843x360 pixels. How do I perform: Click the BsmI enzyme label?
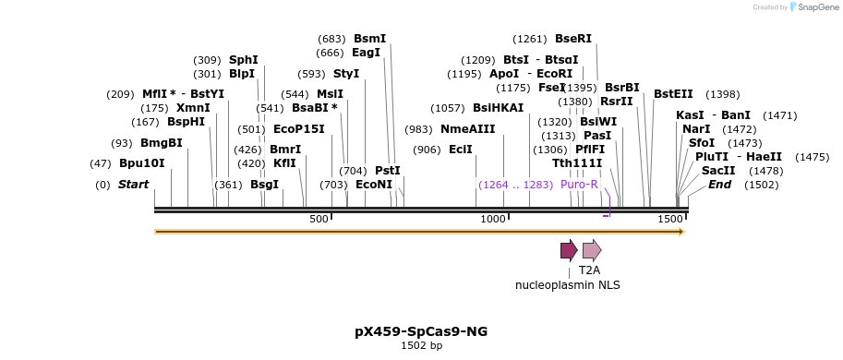coord(369,39)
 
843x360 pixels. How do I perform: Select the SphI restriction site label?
coord(244,59)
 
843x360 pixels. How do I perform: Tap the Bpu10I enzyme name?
coord(141,163)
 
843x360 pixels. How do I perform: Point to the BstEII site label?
coord(673,94)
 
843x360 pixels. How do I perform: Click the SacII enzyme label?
coord(718,171)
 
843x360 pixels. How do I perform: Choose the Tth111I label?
coord(577,163)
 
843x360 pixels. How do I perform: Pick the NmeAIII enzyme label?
coord(467,129)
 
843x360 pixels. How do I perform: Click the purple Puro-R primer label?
coord(579,185)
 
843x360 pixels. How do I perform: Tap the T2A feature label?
coord(589,270)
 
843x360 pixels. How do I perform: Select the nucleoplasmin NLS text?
coord(568,285)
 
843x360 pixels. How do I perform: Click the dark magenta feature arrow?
coord(568,250)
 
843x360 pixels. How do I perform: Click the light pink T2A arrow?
coord(591,250)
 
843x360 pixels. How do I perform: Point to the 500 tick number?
coord(319,219)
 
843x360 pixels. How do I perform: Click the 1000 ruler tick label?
coord(493,219)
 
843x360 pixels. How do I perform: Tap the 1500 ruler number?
coord(669,219)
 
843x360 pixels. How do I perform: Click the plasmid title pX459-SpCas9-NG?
coord(421,331)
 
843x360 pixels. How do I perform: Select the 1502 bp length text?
coord(421,346)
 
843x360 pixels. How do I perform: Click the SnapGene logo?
coord(813,7)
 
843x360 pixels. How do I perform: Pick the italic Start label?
coord(133,185)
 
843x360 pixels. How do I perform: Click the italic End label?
coord(719,185)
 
